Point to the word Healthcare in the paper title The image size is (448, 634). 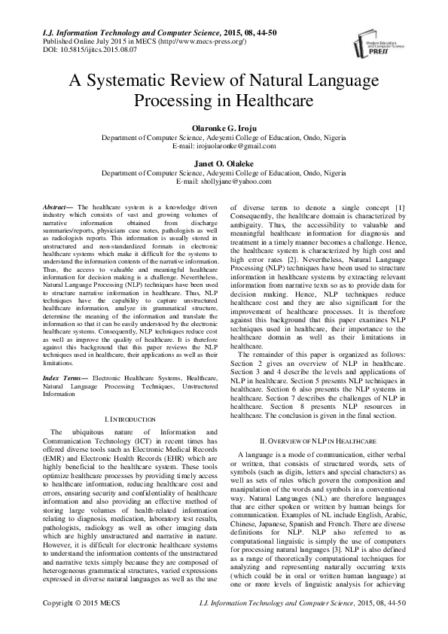(x=280, y=101)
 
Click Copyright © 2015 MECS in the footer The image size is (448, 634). (x=81, y=625)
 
